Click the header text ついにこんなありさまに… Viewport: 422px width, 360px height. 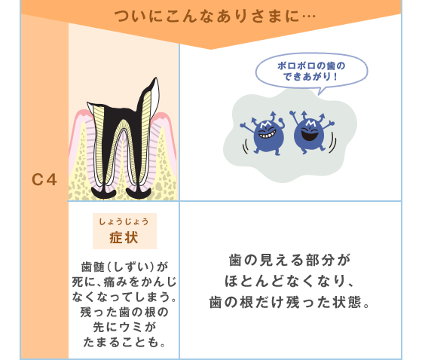tap(215, 16)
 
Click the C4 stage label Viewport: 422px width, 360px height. tap(44, 179)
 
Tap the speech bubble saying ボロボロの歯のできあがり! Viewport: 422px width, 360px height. tap(311, 71)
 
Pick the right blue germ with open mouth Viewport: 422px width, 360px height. tap(312, 132)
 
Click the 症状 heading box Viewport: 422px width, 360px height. tap(124, 231)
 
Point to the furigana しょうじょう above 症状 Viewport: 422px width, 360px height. tap(124, 221)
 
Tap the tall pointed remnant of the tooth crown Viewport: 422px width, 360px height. tap(150, 97)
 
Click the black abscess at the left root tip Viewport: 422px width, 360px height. tap(104, 194)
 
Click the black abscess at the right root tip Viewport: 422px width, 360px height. tap(139, 194)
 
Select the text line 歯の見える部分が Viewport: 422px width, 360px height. tap(290, 260)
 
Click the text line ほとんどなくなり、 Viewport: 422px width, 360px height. tap(289, 281)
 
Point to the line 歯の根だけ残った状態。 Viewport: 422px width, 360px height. tap(289, 302)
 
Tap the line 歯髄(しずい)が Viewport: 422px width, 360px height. tap(124, 267)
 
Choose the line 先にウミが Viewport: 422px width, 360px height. tap(124, 327)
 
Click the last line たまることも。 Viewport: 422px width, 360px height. tap(124, 342)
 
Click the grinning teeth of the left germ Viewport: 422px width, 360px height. tap(267, 134)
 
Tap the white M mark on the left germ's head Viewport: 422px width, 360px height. tap(266, 124)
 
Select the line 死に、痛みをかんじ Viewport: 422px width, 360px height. tap(124, 282)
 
